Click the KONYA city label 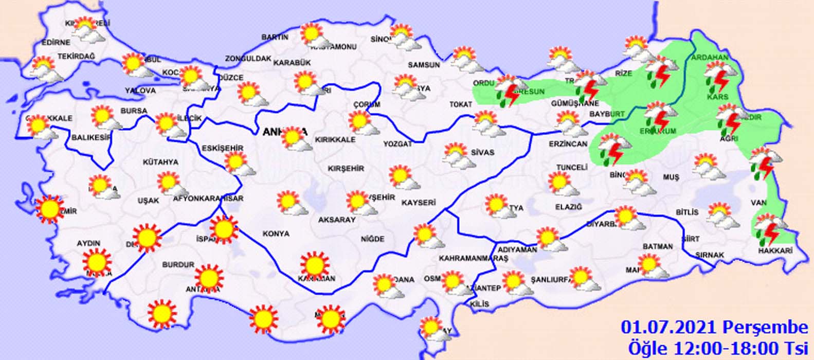(x=276, y=233)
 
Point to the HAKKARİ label (x=775, y=250)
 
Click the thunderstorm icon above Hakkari (x=768, y=230)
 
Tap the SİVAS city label (x=482, y=152)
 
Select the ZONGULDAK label (x=248, y=59)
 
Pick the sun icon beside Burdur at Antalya (x=209, y=278)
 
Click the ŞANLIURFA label (x=552, y=280)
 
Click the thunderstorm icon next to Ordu (x=510, y=91)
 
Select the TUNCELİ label (x=571, y=168)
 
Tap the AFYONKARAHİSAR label (x=208, y=198)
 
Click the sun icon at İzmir (x=50, y=209)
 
